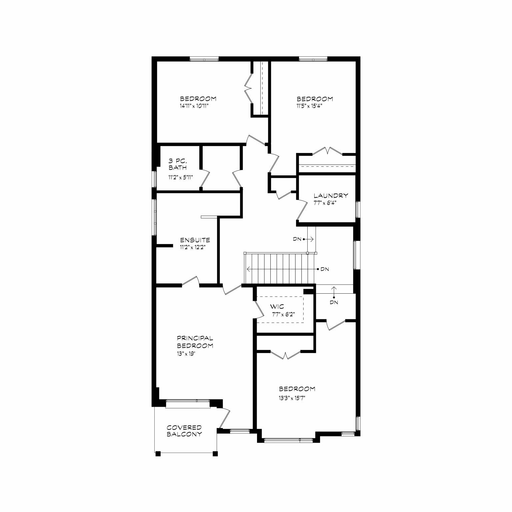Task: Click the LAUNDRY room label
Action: pyautogui.click(x=331, y=196)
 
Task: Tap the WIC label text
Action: pyautogui.click(x=277, y=307)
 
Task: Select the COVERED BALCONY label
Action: pyautogui.click(x=184, y=431)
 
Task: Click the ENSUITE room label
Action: pyautogui.click(x=195, y=240)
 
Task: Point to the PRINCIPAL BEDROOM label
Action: pyautogui.click(x=195, y=342)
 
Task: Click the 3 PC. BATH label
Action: pyautogui.click(x=178, y=164)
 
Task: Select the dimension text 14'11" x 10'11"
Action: pyautogui.click(x=196, y=106)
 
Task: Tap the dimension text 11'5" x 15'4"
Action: pyautogui.click(x=310, y=106)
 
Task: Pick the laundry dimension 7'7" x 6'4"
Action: pyautogui.click(x=325, y=203)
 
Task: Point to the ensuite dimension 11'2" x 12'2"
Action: pyautogui.click(x=193, y=247)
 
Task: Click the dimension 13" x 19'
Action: pyautogui.click(x=186, y=354)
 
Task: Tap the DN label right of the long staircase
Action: pyautogui.click(x=325, y=269)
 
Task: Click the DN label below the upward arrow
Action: pyautogui.click(x=334, y=302)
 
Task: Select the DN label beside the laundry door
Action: pyautogui.click(x=297, y=239)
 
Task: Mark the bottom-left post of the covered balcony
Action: pyautogui.click(x=158, y=453)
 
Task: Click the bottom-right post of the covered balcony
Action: pyautogui.click(x=215, y=453)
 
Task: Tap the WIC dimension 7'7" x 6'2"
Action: pyautogui.click(x=283, y=314)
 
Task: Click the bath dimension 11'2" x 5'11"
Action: pyautogui.click(x=181, y=177)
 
